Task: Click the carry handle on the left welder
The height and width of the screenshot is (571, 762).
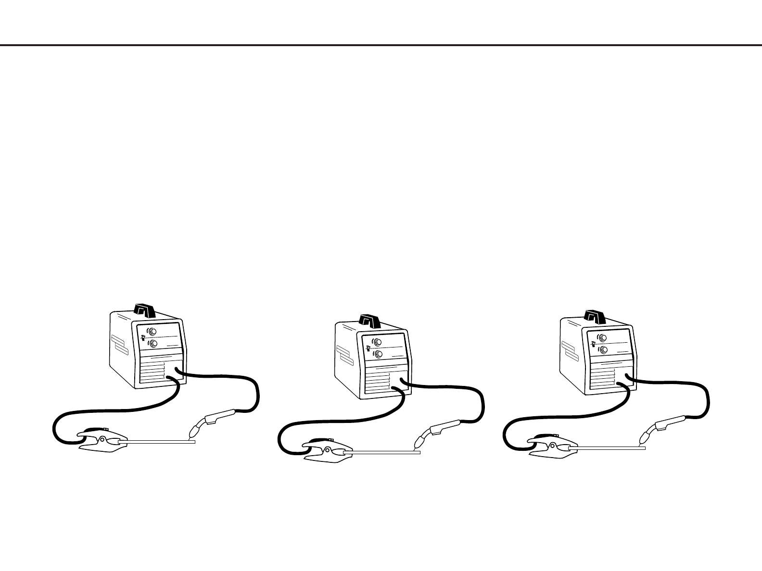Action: point(144,310)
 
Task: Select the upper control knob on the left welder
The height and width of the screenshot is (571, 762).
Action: point(152,332)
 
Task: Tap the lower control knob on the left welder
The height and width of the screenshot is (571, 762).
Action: point(152,343)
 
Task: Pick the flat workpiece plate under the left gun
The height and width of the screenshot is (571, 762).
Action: point(161,441)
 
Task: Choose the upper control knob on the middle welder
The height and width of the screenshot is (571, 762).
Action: point(378,342)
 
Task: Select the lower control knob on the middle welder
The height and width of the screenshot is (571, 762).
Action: point(378,354)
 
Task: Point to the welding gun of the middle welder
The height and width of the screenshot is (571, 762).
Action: point(440,430)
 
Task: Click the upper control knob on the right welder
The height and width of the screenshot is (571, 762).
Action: point(603,338)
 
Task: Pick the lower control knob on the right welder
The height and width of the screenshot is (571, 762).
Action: point(603,349)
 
